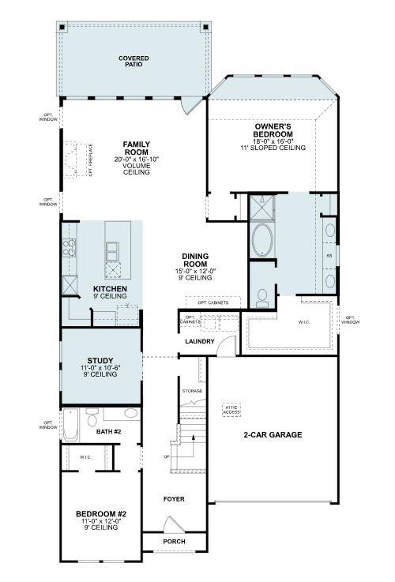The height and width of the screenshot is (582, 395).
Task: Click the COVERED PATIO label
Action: click(x=134, y=62)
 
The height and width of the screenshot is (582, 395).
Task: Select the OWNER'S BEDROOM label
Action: click(x=273, y=130)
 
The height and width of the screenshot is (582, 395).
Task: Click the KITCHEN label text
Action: click(x=110, y=290)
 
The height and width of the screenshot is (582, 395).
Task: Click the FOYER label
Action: click(x=174, y=499)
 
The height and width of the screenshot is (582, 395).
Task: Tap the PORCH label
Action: click(x=174, y=542)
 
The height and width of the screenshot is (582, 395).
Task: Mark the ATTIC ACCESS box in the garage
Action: click(x=231, y=409)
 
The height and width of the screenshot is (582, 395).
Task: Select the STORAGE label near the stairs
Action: click(x=192, y=391)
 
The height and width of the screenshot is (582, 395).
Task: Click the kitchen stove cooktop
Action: click(x=69, y=250)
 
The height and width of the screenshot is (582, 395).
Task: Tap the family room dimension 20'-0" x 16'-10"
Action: click(x=136, y=160)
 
